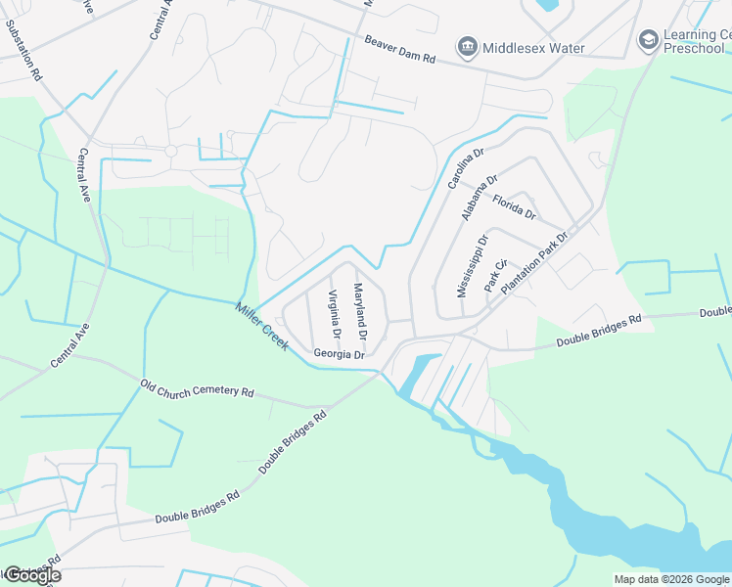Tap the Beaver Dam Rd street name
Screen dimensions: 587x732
[399, 50]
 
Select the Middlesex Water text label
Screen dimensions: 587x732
[534, 48]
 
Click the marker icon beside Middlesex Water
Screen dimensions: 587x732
[467, 47]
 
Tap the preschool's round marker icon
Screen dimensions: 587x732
[647, 40]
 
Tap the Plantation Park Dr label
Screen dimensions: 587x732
[534, 264]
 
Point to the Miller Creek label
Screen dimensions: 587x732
[260, 326]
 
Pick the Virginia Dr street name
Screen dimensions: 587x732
[335, 315]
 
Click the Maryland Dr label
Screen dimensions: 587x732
[360, 306]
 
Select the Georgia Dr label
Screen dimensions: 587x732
[339, 354]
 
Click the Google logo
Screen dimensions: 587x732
[32, 575]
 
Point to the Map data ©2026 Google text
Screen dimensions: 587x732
[670, 579]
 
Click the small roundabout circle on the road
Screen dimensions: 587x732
[170, 151]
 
